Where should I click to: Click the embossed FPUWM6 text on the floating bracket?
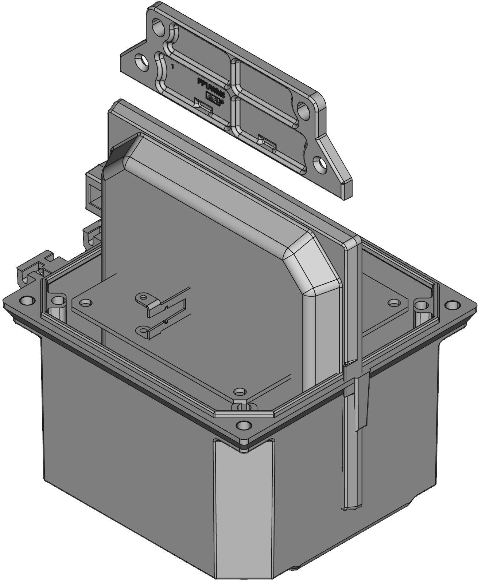point(211,87)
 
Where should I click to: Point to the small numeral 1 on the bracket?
point(172,67)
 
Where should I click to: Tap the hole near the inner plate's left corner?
point(86,302)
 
